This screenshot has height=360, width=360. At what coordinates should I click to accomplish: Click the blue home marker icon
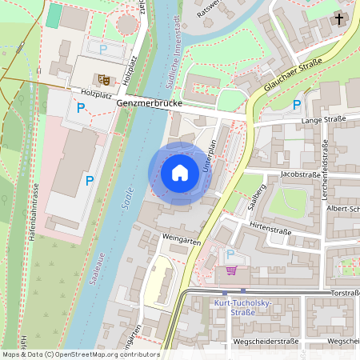(179, 173)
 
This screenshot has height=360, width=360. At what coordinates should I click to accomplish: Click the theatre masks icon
(102, 79)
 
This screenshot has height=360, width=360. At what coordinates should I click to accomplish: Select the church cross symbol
(339, 18)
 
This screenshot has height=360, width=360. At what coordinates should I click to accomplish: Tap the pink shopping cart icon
(231, 270)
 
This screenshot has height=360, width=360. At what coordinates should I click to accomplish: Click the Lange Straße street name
(322, 120)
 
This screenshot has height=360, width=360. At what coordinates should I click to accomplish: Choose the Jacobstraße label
(301, 173)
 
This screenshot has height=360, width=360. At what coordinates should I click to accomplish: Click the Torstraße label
(345, 293)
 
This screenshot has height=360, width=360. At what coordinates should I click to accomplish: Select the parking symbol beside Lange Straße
(297, 105)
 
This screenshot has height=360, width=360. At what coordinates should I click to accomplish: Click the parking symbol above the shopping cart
(231, 254)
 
